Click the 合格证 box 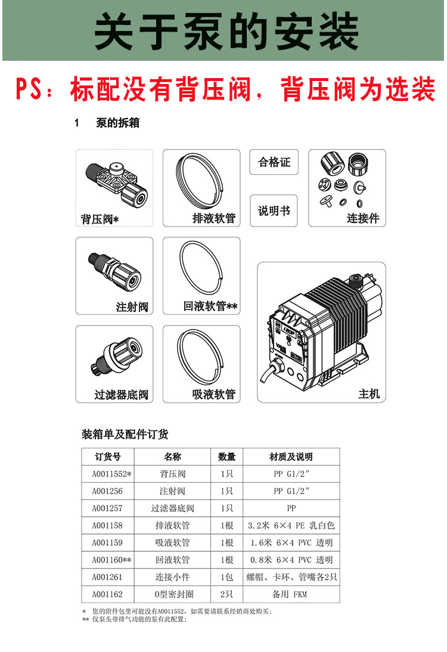(274, 162)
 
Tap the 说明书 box (274, 211)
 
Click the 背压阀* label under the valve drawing (100, 219)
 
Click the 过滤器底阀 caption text (122, 395)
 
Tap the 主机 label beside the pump (368, 394)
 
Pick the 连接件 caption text (363, 219)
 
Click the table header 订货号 (108, 457)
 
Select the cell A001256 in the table (107, 492)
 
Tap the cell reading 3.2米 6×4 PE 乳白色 (291, 526)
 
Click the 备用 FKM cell (291, 595)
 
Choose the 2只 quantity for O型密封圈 (226, 595)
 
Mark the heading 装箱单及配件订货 (125, 434)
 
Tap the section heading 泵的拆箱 (117, 123)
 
